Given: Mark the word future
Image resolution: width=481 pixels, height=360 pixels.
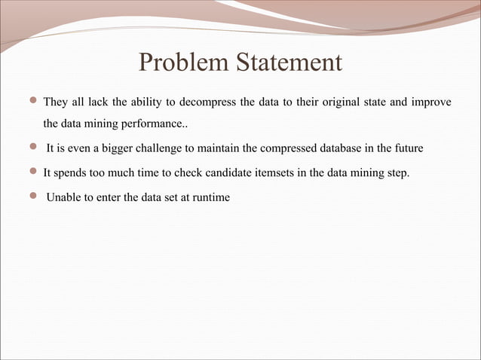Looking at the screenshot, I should [x=407, y=149].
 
